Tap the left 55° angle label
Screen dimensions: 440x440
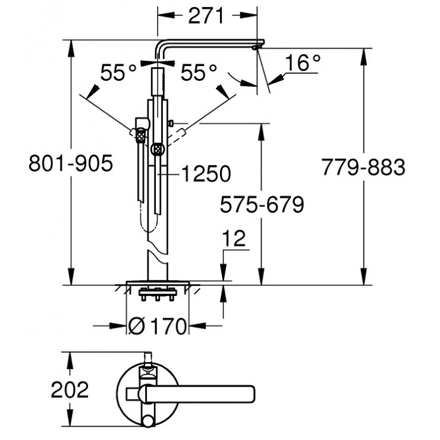point(118,73)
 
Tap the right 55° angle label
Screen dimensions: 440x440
point(199,73)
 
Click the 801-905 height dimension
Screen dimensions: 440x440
point(70,164)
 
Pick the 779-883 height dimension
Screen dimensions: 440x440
point(363,167)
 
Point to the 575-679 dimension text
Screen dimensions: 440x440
point(262,205)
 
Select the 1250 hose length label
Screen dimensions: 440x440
point(205,174)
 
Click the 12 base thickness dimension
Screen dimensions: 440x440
point(235,238)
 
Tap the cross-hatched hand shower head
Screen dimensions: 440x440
point(140,136)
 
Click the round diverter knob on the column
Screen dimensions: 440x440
point(158,149)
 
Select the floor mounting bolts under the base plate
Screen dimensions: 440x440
point(158,293)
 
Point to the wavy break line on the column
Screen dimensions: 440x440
point(157,253)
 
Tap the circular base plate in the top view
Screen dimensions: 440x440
point(128,392)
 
